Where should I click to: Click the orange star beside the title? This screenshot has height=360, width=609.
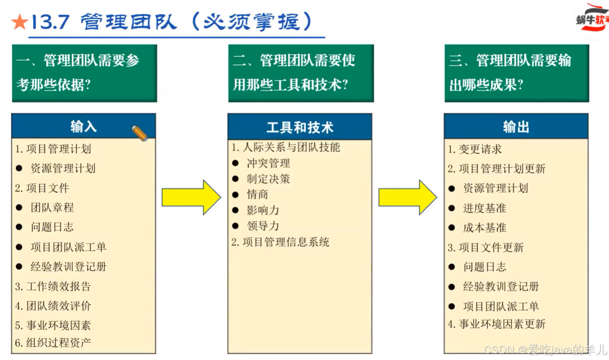(x=20, y=22)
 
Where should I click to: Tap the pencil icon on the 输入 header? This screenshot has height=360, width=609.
(x=140, y=133)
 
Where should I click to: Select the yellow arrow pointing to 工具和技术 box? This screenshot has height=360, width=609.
(x=191, y=197)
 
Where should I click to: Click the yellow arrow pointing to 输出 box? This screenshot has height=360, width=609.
(x=407, y=197)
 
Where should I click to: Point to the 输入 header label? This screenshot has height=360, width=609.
(x=83, y=127)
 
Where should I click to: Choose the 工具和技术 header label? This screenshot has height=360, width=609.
(x=300, y=127)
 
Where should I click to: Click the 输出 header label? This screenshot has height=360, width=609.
(x=516, y=127)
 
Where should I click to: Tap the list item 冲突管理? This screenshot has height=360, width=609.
(x=268, y=163)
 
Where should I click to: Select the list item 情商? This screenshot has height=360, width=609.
(x=257, y=194)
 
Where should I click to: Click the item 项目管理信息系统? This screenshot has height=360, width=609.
(x=286, y=242)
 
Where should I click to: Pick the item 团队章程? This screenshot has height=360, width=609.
(x=52, y=207)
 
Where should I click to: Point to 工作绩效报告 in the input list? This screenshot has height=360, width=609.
(x=58, y=286)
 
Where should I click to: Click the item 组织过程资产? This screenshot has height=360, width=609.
(x=58, y=343)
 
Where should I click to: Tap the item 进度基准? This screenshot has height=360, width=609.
(x=485, y=208)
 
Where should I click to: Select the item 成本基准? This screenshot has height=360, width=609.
(x=485, y=228)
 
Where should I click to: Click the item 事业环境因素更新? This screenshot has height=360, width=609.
(x=502, y=324)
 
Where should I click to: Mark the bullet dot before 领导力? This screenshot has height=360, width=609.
(x=236, y=226)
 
